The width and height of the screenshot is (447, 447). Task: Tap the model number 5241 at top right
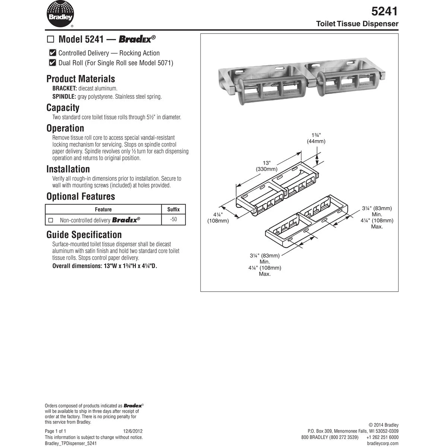[x=385, y=11]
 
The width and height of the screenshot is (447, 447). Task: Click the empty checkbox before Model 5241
[x=51, y=39]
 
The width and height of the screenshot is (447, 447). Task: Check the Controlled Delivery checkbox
[x=53, y=53]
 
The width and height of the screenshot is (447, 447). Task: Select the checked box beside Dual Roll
[x=53, y=63]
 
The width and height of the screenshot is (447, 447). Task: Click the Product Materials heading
[x=80, y=79]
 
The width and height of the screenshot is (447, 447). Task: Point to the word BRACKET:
[x=64, y=88]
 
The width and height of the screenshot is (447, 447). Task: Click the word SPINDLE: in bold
[x=64, y=96]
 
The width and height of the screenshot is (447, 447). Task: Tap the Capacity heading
[x=63, y=108]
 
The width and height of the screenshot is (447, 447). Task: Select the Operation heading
[x=65, y=128]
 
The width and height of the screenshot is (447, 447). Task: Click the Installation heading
[x=68, y=169]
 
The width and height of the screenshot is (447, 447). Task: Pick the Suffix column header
[x=173, y=209]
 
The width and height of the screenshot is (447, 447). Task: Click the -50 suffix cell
[x=173, y=219]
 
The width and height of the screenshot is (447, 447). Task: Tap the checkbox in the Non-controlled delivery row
[x=51, y=220]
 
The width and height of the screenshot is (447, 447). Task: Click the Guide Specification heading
[x=84, y=235]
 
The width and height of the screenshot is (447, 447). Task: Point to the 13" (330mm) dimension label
[x=266, y=166]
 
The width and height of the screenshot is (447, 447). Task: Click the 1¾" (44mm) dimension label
[x=316, y=138]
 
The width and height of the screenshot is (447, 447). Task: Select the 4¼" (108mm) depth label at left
[x=218, y=218]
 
